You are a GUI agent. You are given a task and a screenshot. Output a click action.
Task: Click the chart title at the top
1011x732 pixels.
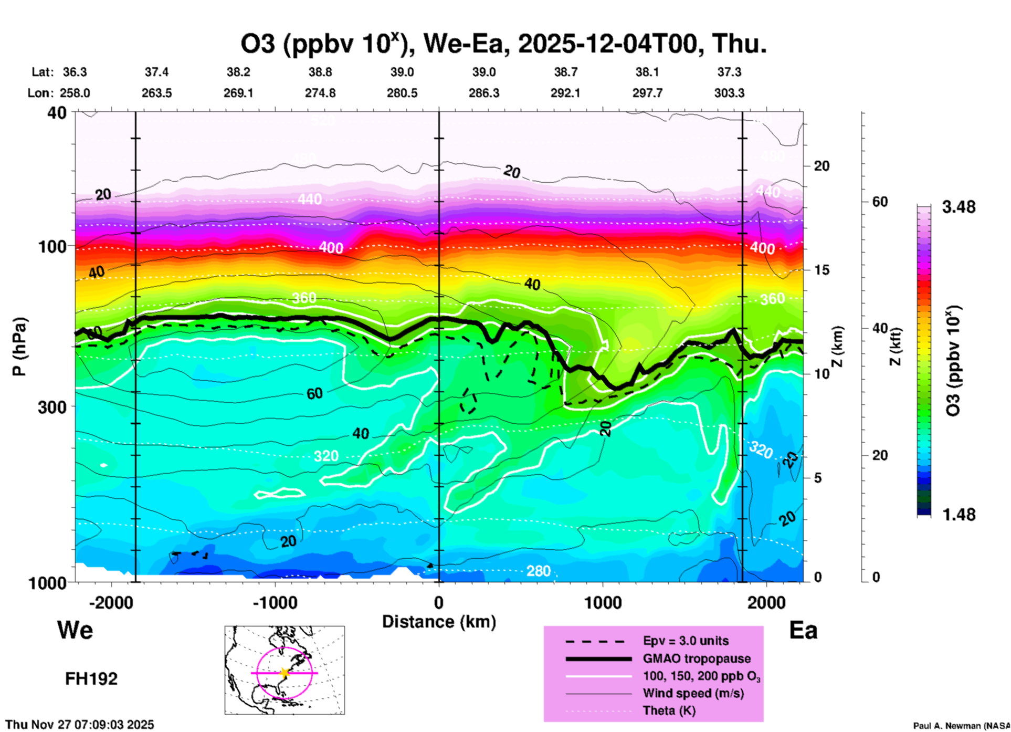point(503,44)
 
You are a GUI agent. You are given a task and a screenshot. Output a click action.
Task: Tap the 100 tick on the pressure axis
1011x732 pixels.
point(52,246)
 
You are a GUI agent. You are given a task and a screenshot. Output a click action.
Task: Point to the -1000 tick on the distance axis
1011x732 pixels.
point(275,602)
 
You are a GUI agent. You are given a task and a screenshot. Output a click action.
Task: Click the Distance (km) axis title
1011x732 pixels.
point(439,622)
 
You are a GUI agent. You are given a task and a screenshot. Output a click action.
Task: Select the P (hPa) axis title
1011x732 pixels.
point(19,347)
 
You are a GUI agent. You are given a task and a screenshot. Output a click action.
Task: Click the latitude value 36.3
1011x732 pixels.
point(75,72)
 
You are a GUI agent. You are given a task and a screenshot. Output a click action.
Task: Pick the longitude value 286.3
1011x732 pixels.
point(483,93)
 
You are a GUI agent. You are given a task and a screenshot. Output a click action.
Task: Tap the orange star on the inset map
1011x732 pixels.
point(285,673)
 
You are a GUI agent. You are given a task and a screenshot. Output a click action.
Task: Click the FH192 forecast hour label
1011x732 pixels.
point(91,679)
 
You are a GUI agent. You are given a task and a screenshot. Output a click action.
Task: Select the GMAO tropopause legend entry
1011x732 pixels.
point(697,658)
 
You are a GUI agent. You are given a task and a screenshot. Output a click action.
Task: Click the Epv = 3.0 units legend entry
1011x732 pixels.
point(686,641)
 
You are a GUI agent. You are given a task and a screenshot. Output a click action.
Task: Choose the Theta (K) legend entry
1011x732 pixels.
point(669,711)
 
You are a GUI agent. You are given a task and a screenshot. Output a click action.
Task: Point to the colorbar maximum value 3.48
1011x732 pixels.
point(959,207)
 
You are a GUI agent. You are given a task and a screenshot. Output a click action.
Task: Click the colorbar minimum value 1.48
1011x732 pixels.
point(959,515)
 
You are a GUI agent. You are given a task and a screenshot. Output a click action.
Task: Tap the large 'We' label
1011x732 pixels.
point(75,630)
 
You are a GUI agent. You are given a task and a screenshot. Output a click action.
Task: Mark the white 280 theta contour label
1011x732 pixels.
point(539,571)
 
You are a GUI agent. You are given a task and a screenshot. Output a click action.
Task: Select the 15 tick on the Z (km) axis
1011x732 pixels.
point(821,270)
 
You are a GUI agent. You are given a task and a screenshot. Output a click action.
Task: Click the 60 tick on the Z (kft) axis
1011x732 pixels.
point(880,202)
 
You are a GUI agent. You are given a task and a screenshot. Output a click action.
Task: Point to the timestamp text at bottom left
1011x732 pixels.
point(80,725)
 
